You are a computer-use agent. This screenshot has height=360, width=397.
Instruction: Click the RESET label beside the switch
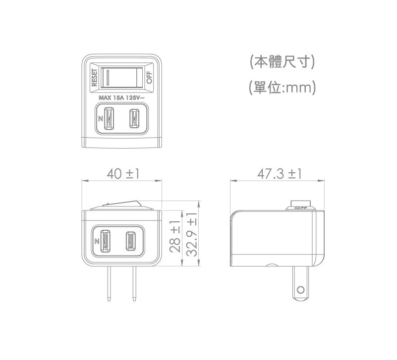94,77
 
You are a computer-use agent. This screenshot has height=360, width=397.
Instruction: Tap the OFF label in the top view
149,77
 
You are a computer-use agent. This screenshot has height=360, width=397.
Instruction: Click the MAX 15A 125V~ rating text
122,98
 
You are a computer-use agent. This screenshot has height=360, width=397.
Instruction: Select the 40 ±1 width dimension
123,174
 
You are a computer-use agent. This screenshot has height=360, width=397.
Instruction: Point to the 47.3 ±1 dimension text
279,174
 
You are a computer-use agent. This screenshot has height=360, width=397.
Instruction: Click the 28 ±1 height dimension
175,237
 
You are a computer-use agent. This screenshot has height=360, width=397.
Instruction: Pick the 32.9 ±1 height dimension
192,235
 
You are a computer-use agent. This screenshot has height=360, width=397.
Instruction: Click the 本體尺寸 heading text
283,62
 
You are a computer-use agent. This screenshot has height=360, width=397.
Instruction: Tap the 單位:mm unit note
283,88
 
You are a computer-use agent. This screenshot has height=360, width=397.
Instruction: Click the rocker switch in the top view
122,77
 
